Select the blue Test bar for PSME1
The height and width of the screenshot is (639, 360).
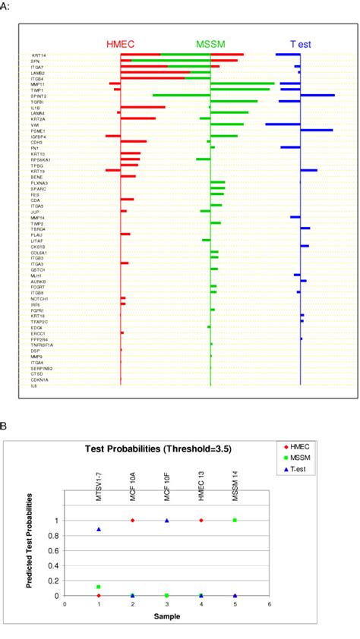tap(316, 131)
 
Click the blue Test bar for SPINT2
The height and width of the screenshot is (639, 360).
tap(317, 96)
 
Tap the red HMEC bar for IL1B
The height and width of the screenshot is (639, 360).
tap(143, 107)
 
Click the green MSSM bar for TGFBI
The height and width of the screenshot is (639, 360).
tap(234, 101)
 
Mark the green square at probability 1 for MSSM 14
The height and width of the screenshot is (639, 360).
tap(235, 520)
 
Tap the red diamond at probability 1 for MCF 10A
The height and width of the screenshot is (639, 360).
tap(133, 520)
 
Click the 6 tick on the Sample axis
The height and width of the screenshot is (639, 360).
tap(269, 605)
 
